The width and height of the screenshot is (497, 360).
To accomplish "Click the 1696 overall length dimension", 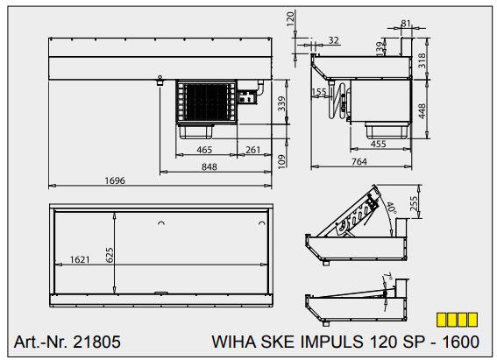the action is [115, 180].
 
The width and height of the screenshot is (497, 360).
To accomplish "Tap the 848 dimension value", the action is [209, 166].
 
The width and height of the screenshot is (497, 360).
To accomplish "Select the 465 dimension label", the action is [204, 150].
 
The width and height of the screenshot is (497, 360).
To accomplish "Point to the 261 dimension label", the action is [253, 150].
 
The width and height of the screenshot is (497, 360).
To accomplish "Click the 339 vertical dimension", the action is [281, 103].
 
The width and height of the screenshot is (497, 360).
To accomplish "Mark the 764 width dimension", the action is [359, 161].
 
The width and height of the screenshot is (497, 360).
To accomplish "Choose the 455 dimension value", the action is [378, 144].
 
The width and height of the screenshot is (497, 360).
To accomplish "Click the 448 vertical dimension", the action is [422, 111].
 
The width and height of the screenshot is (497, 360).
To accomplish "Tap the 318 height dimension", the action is [422, 60].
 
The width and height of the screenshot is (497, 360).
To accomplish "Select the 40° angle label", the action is [391, 208].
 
